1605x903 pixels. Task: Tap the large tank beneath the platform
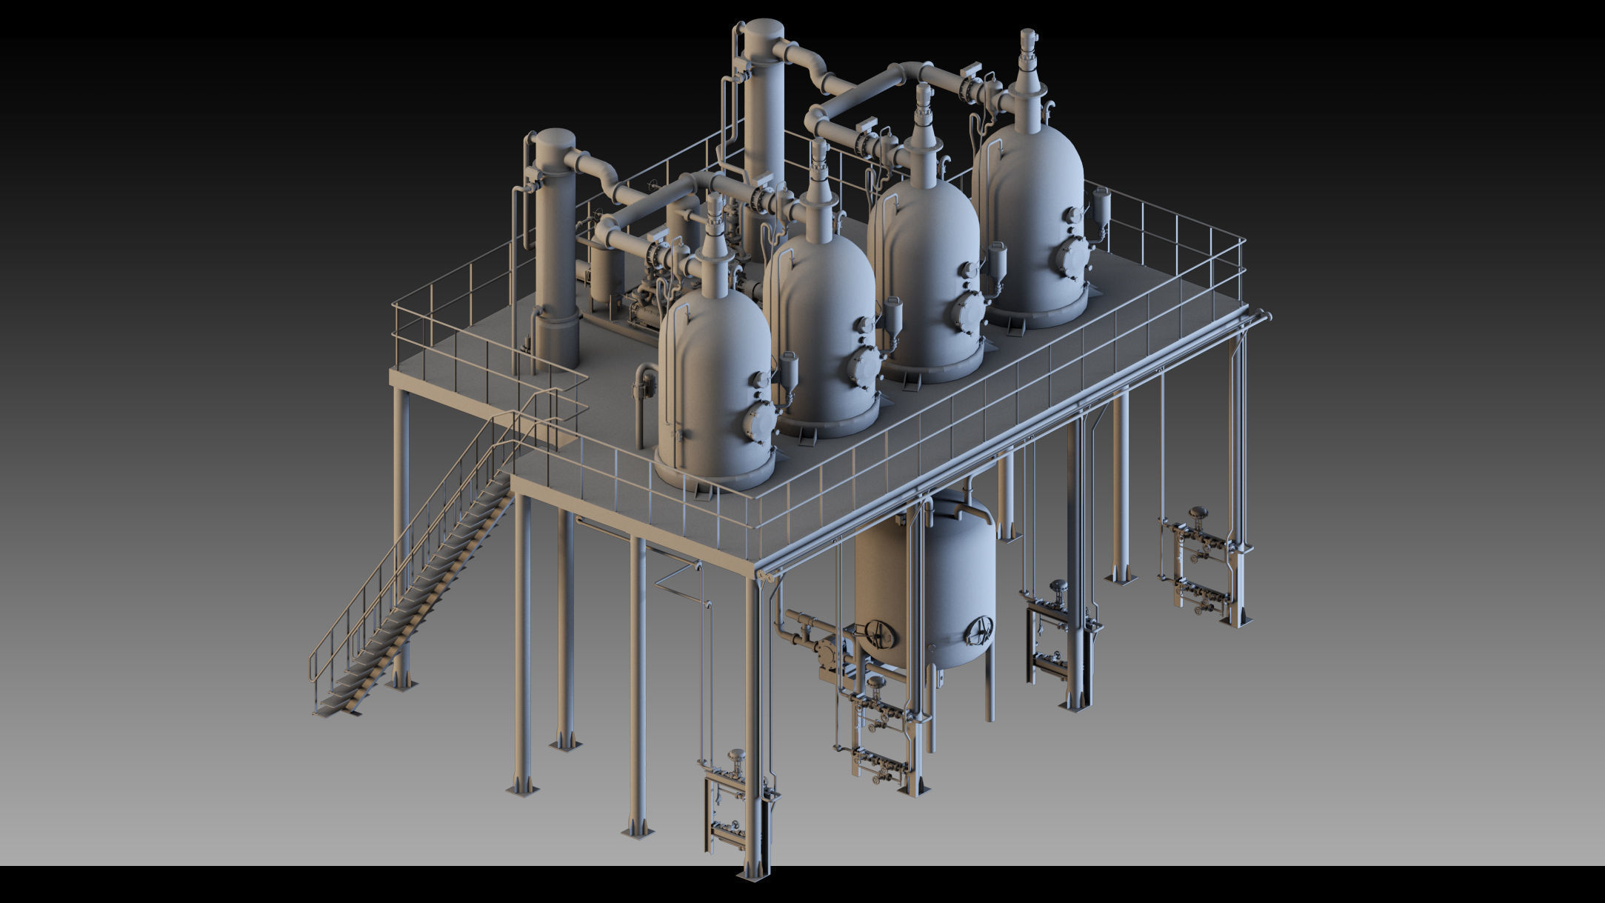click(x=926, y=585)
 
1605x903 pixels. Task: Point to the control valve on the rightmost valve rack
click(x=1196, y=515)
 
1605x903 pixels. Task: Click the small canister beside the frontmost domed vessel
click(x=789, y=370)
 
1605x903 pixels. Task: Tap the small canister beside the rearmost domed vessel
click(x=1101, y=204)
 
